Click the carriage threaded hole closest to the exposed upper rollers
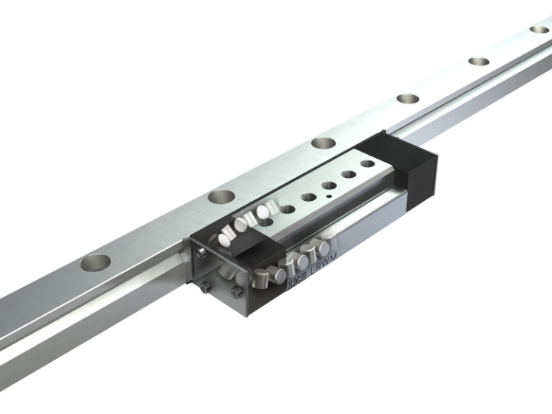(x=289, y=207)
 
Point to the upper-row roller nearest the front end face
(x=228, y=235)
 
